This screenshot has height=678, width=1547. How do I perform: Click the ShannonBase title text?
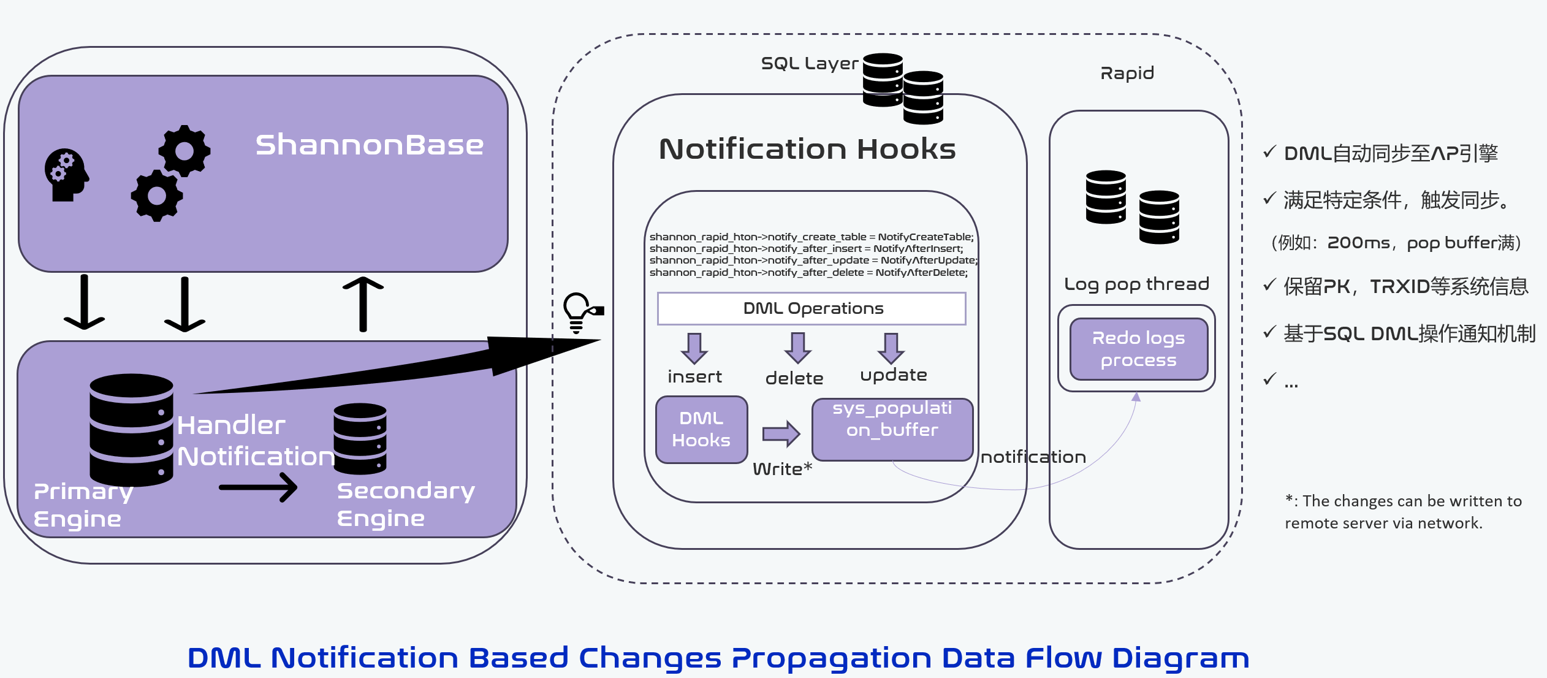369,145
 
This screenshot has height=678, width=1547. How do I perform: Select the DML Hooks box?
701,429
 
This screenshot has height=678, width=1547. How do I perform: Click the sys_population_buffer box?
892,429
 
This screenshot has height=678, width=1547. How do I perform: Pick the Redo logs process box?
1138,349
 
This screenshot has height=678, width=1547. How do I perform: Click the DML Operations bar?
812,308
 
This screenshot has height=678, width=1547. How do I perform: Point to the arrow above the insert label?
694,348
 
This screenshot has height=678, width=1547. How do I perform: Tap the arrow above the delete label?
797,348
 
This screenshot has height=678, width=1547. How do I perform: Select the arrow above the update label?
891,348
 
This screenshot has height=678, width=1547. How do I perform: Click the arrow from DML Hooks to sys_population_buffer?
781,433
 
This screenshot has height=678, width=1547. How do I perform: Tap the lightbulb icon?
577,311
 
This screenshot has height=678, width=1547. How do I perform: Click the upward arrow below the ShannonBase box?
363,303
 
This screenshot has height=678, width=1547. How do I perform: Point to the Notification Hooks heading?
807,149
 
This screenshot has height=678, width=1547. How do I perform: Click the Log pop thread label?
1136,284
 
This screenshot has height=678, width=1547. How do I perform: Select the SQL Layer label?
809,63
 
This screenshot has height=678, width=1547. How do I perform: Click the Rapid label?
1127,74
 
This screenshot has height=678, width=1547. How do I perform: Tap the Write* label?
782,469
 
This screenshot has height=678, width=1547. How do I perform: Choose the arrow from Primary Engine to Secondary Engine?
258,487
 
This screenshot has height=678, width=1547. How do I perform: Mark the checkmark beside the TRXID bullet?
1269,284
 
